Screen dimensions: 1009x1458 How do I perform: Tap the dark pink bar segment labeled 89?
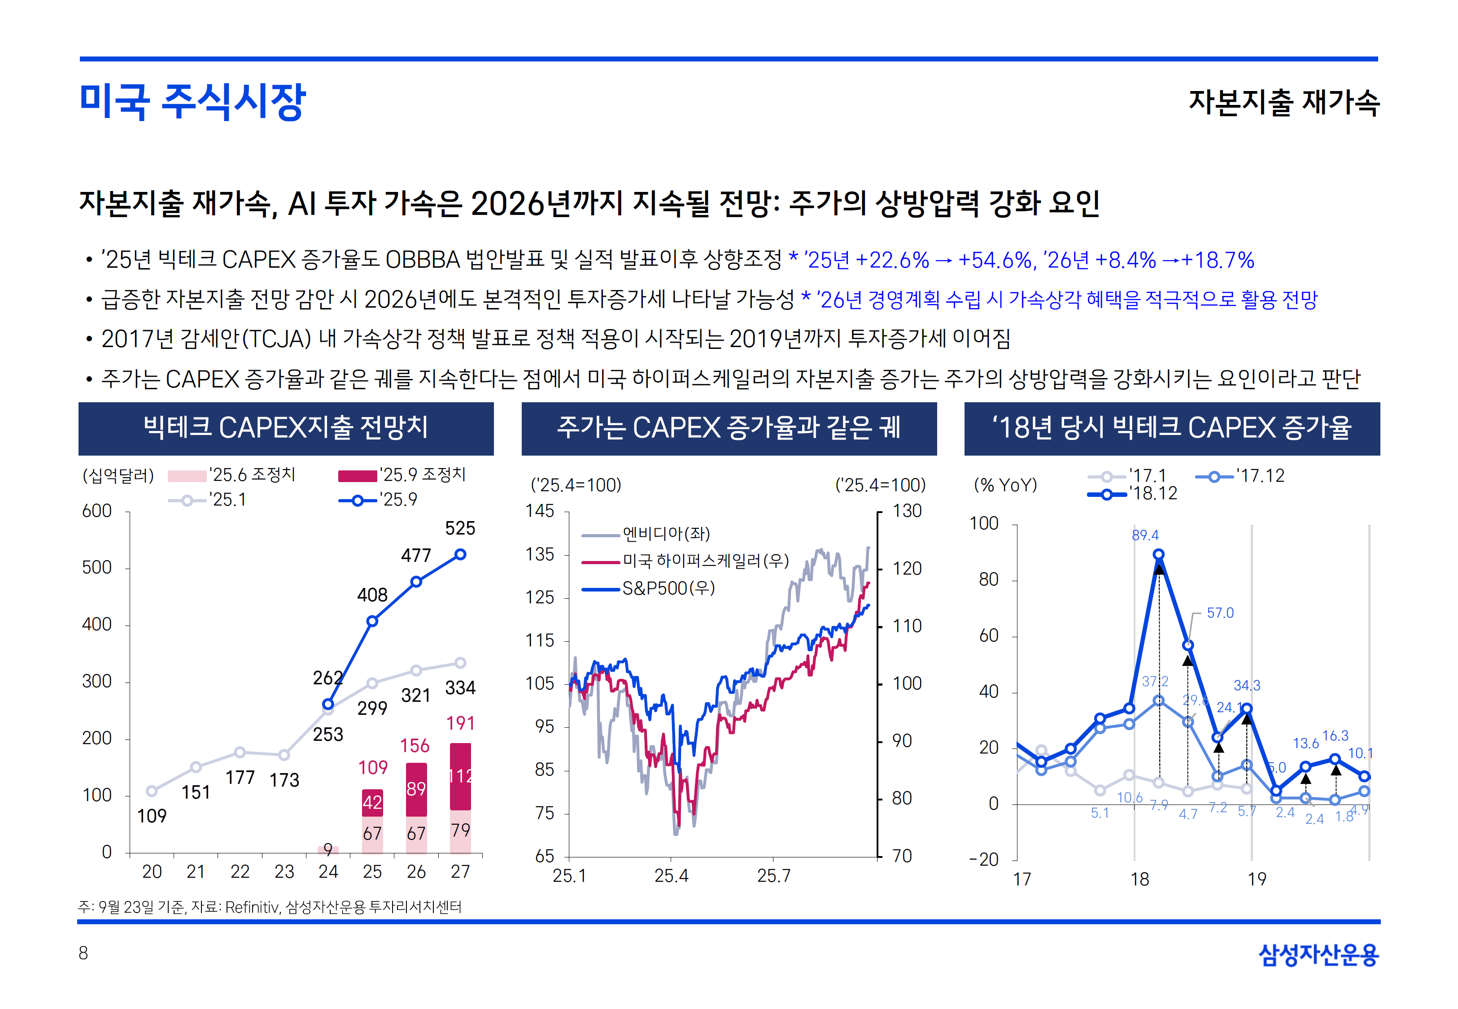click(416, 789)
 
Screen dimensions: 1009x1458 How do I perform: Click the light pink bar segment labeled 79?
click(460, 831)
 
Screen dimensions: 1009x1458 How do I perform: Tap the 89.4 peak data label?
click(1145, 535)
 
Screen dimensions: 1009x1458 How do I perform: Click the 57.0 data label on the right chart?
click(1220, 613)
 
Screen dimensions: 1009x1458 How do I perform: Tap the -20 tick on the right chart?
click(984, 860)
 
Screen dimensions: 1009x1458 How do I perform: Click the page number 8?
click(83, 953)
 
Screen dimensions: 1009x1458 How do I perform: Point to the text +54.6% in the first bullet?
click(995, 260)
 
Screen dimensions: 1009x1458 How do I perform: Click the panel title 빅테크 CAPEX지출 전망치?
click(286, 428)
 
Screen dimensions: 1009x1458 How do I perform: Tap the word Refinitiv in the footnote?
click(252, 907)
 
